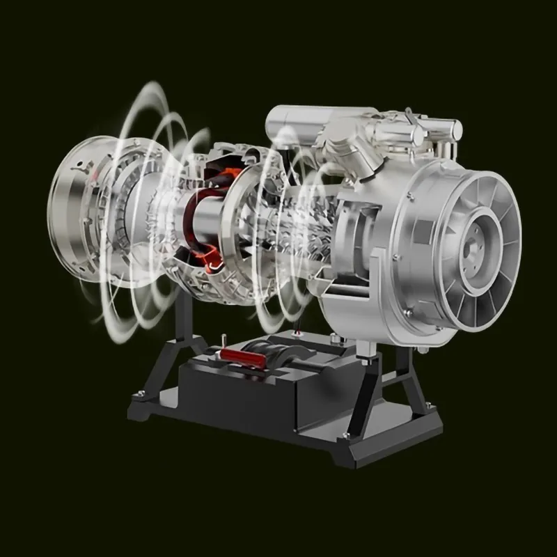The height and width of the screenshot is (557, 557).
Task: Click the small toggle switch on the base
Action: pyautogui.click(x=224, y=342)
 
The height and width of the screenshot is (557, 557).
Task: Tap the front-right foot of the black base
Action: pyautogui.click(x=362, y=460)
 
